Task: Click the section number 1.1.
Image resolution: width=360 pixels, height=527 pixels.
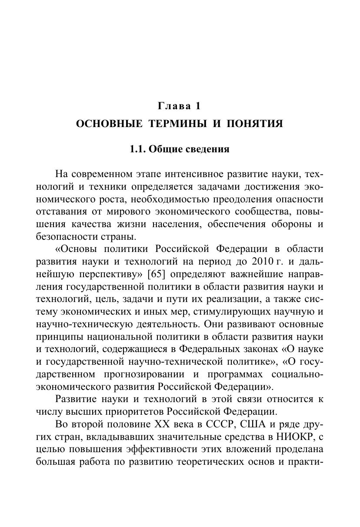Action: click(138, 149)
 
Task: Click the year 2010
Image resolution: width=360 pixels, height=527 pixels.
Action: click(262, 262)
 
